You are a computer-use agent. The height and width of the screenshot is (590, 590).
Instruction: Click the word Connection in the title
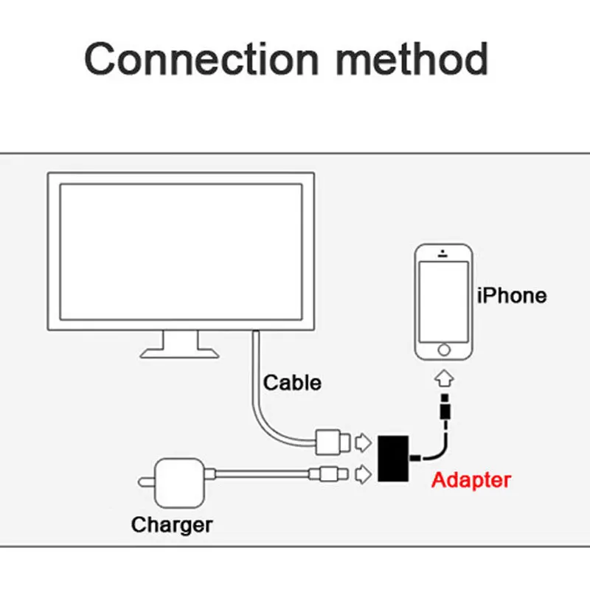[x=202, y=59]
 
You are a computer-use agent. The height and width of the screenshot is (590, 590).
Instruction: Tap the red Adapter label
[x=471, y=480]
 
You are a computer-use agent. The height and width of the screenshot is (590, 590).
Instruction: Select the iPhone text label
[x=512, y=296]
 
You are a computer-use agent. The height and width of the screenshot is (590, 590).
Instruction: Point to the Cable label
[x=292, y=383]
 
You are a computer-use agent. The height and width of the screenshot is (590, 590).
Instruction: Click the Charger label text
[x=172, y=525]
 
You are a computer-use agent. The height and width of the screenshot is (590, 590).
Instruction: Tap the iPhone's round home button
[x=444, y=350]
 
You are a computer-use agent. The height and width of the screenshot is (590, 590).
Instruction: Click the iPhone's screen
[x=444, y=302]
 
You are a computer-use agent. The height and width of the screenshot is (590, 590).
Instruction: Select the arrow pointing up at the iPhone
[x=444, y=378]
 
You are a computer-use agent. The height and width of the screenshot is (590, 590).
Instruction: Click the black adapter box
[x=393, y=459]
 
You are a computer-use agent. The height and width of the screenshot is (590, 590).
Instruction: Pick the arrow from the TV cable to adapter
[x=363, y=442]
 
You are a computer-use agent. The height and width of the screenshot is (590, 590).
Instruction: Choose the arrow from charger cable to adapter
[x=363, y=474]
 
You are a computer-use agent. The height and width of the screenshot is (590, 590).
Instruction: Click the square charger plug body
[x=180, y=483]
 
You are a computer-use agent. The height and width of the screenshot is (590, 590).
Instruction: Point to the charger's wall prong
[x=147, y=482]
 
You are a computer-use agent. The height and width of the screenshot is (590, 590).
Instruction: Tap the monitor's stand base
[x=179, y=353]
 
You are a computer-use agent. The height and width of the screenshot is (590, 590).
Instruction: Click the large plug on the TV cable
[x=333, y=442]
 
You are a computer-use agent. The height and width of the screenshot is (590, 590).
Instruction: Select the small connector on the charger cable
[x=328, y=474]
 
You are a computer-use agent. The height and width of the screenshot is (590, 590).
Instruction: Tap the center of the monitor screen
[x=181, y=251]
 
